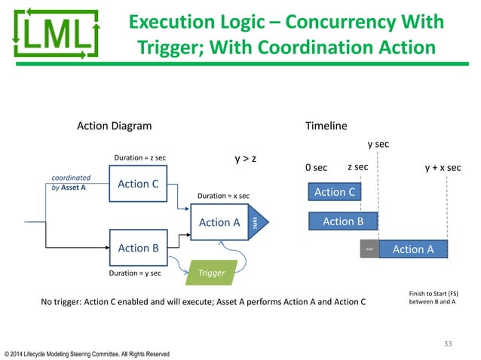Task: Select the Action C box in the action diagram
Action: (x=137, y=183)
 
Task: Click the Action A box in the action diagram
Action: (x=219, y=222)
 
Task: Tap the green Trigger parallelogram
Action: (x=211, y=273)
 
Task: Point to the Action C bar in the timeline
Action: (x=334, y=192)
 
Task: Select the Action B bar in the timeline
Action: (x=342, y=221)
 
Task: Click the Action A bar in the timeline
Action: (x=413, y=249)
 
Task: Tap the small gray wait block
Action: (x=369, y=249)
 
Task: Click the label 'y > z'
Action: (x=247, y=159)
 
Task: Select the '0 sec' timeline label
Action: (x=316, y=168)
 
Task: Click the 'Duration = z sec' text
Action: (x=139, y=158)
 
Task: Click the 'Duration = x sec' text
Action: (x=223, y=196)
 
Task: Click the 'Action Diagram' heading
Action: (x=115, y=126)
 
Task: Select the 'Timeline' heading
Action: (x=326, y=126)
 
